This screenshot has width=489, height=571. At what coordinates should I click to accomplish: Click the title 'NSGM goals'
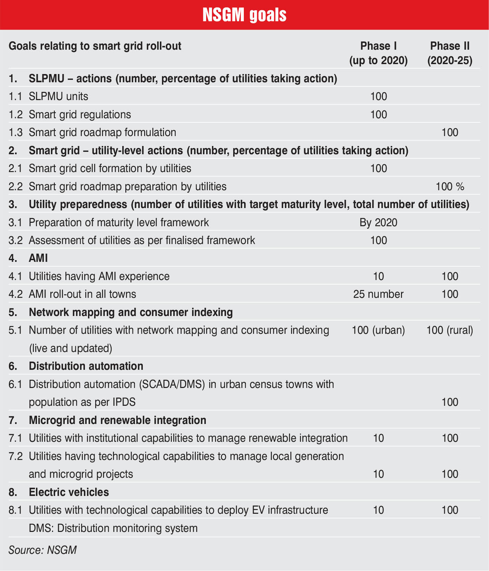click(244, 15)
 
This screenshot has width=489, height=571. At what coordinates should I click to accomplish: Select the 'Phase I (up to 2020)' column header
click(378, 53)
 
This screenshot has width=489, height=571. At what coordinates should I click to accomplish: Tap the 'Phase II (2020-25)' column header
click(450, 53)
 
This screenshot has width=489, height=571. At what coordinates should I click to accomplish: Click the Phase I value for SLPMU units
click(378, 96)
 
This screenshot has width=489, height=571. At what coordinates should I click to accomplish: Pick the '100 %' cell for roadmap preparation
click(450, 186)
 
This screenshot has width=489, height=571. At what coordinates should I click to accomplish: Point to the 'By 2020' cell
click(378, 222)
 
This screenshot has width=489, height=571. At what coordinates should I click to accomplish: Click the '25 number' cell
click(378, 294)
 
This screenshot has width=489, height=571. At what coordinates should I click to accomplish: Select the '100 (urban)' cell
click(378, 330)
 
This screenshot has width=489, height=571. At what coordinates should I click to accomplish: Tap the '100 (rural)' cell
click(450, 330)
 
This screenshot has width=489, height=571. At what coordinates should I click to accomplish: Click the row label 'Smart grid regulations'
click(80, 114)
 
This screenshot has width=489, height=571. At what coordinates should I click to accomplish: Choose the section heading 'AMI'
click(38, 258)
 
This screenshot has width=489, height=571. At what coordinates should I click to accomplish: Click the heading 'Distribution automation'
click(86, 366)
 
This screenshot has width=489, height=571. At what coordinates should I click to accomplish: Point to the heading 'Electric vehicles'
click(69, 492)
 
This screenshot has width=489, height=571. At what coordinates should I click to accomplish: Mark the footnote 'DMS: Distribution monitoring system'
click(113, 528)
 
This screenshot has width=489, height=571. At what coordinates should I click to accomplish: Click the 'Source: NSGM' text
click(42, 550)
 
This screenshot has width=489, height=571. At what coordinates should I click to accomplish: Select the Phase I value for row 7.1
click(378, 438)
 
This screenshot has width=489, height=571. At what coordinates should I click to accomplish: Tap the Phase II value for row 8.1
click(450, 510)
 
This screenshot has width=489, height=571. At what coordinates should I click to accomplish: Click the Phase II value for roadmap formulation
click(450, 132)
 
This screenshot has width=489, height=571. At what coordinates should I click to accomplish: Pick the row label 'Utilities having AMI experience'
click(99, 276)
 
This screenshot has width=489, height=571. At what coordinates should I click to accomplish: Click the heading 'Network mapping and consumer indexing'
click(131, 312)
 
